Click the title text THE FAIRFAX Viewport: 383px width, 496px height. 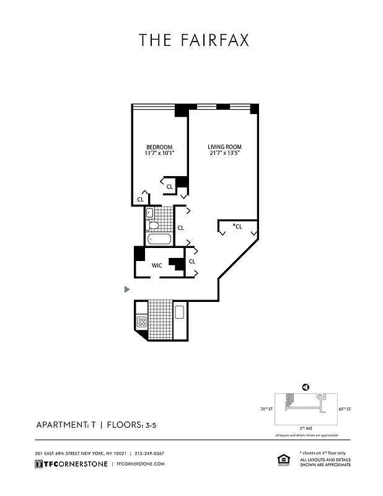193,40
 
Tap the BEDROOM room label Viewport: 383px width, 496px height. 159,147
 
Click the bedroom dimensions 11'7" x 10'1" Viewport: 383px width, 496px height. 159,153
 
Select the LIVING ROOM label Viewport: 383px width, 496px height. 224,147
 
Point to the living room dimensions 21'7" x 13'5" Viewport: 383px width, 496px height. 224,153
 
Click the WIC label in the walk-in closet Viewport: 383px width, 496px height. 157,265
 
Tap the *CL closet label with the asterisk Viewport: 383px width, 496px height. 237,226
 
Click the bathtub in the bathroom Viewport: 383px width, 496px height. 160,239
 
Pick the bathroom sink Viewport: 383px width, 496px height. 149,213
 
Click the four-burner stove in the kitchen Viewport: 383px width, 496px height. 141,322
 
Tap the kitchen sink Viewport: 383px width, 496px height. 180,312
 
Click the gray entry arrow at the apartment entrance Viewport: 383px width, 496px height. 127,289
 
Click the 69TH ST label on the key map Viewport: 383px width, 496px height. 345,409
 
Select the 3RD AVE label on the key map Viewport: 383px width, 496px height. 305,428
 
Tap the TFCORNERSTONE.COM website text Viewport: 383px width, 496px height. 140,464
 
